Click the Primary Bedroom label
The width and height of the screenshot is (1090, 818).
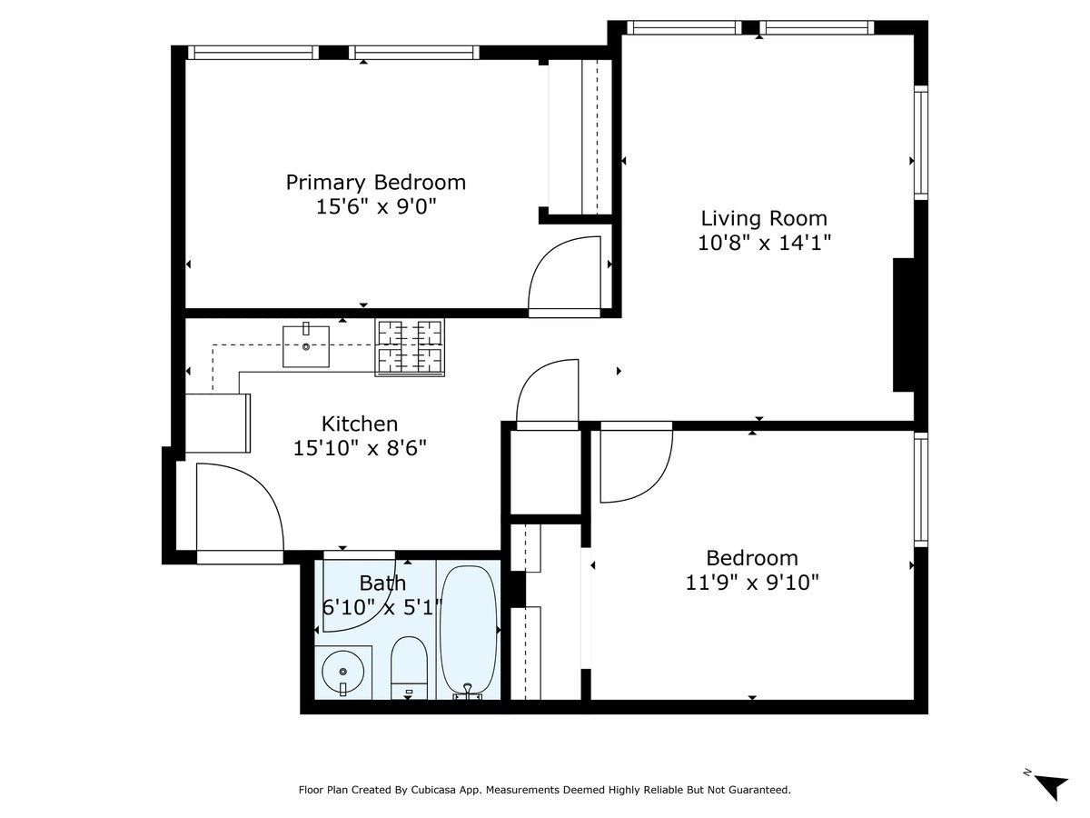point(375,182)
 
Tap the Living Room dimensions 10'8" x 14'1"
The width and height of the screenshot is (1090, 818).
point(764,243)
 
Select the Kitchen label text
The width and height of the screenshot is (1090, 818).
point(360,424)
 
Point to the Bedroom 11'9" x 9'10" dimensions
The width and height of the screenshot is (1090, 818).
point(752,582)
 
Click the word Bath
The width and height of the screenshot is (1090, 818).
point(382,583)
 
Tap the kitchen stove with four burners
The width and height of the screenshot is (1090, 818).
point(411,346)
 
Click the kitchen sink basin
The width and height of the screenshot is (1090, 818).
point(306,346)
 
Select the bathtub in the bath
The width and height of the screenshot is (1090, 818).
point(469,629)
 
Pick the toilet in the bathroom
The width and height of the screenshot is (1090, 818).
point(409,665)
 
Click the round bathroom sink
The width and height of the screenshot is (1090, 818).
point(342,672)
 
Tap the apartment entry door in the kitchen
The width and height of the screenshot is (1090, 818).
point(238,509)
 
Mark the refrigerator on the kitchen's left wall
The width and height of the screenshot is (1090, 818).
point(217,423)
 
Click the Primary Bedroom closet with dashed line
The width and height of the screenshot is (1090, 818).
point(581,136)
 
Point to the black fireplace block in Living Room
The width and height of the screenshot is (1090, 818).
point(903,324)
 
